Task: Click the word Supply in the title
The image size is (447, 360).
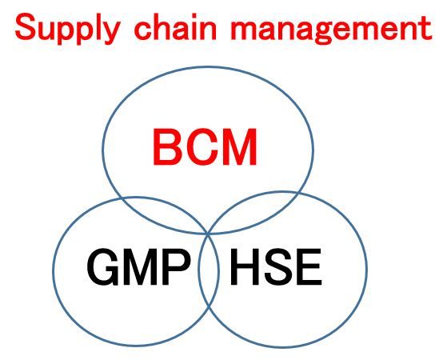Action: coord(66,29)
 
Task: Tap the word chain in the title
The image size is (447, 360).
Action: coord(175,27)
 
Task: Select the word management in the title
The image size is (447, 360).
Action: coord(332,29)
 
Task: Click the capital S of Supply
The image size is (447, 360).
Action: coord(26,27)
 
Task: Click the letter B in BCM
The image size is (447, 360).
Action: coord(168,147)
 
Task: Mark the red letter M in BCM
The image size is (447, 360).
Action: coord(240,147)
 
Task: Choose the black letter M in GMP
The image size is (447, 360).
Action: coord(140,266)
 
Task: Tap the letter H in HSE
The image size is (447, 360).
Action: coord(244,266)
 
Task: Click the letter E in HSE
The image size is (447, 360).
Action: coord(309,266)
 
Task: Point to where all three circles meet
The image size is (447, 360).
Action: coord(209,234)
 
